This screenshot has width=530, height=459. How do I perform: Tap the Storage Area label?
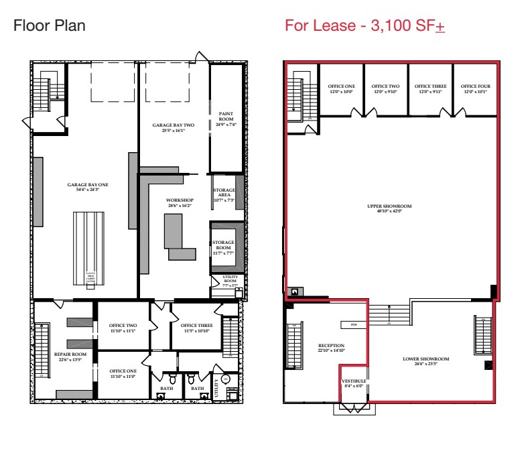tap(223, 195)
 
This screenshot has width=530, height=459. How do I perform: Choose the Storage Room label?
tap(224, 245)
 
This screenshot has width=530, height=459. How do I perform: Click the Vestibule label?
tap(354, 383)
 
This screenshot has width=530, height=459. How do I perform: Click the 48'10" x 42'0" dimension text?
tap(389, 211)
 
